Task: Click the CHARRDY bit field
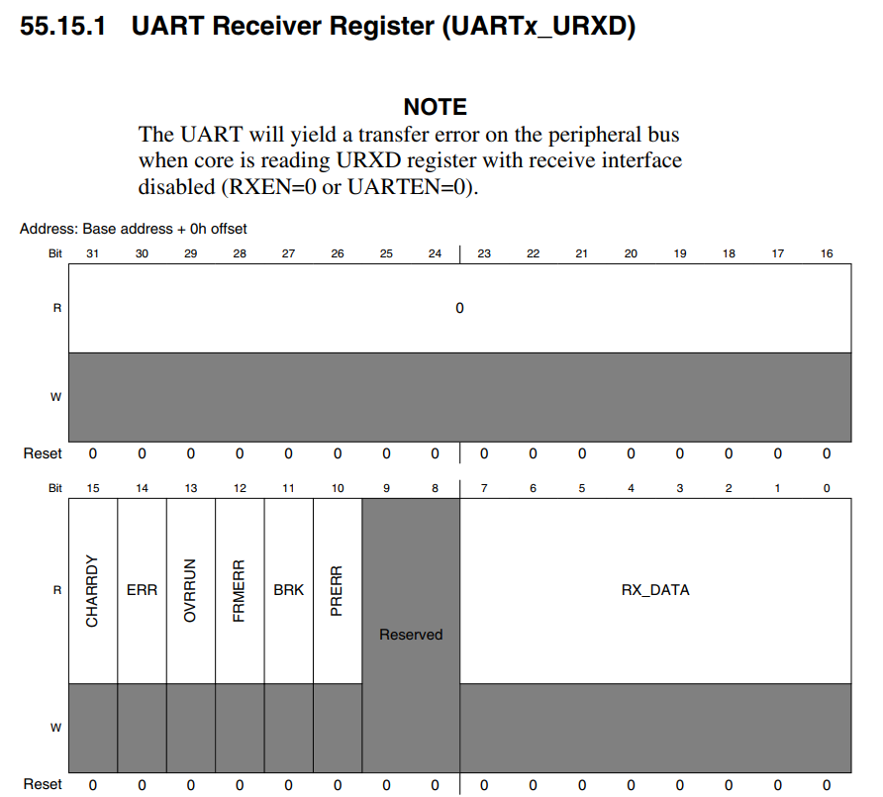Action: coord(92,590)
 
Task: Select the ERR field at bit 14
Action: coord(142,590)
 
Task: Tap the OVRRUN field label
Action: coord(191,590)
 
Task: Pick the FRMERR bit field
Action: coord(240,590)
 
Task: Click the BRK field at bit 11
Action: coord(289,590)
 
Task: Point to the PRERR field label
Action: coord(338,590)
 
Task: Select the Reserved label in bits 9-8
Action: coord(411,635)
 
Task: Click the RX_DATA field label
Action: coord(655,590)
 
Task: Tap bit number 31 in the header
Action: coord(93,254)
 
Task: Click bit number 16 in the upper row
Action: coord(827,254)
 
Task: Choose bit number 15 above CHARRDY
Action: coord(93,488)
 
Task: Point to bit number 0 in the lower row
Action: coord(827,488)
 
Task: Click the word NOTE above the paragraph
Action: coord(436,107)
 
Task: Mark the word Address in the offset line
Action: coord(48,229)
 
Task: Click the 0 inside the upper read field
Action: coord(459,308)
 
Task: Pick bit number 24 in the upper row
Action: coord(436,254)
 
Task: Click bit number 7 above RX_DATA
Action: coord(484,488)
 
